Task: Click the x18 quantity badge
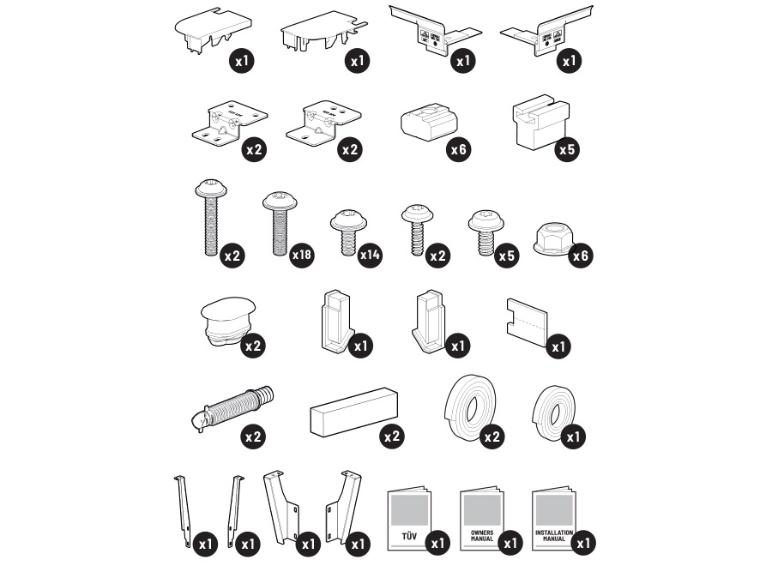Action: click(301, 256)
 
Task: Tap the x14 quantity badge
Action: click(370, 255)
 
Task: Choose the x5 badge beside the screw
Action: click(507, 256)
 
